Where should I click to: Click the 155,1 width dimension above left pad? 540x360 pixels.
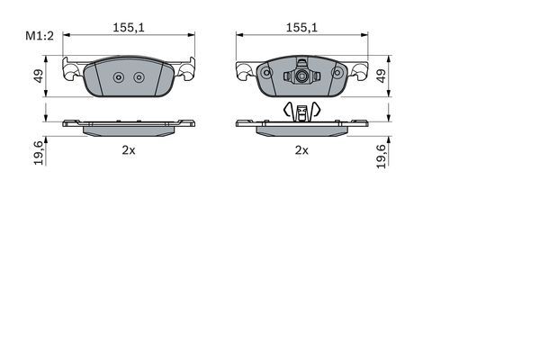129,28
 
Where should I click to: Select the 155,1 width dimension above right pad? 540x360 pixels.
301,28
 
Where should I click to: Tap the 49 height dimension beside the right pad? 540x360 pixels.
381,76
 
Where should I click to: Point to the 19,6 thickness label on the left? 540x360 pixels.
39,153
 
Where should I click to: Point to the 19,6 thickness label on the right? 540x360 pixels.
382,153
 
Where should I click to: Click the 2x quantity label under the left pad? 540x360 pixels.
129,150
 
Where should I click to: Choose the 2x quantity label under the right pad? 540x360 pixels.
301,150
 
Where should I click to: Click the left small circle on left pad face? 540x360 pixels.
119,76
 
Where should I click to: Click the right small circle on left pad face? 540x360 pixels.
139,76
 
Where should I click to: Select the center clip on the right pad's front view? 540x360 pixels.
301,76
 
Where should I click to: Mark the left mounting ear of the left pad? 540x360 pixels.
69,69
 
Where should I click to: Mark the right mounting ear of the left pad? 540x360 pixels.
188,69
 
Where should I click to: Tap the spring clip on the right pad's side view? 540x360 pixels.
301,111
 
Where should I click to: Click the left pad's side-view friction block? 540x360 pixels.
129,129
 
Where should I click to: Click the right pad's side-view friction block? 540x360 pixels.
301,129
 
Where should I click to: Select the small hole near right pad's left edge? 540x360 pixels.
265,74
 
